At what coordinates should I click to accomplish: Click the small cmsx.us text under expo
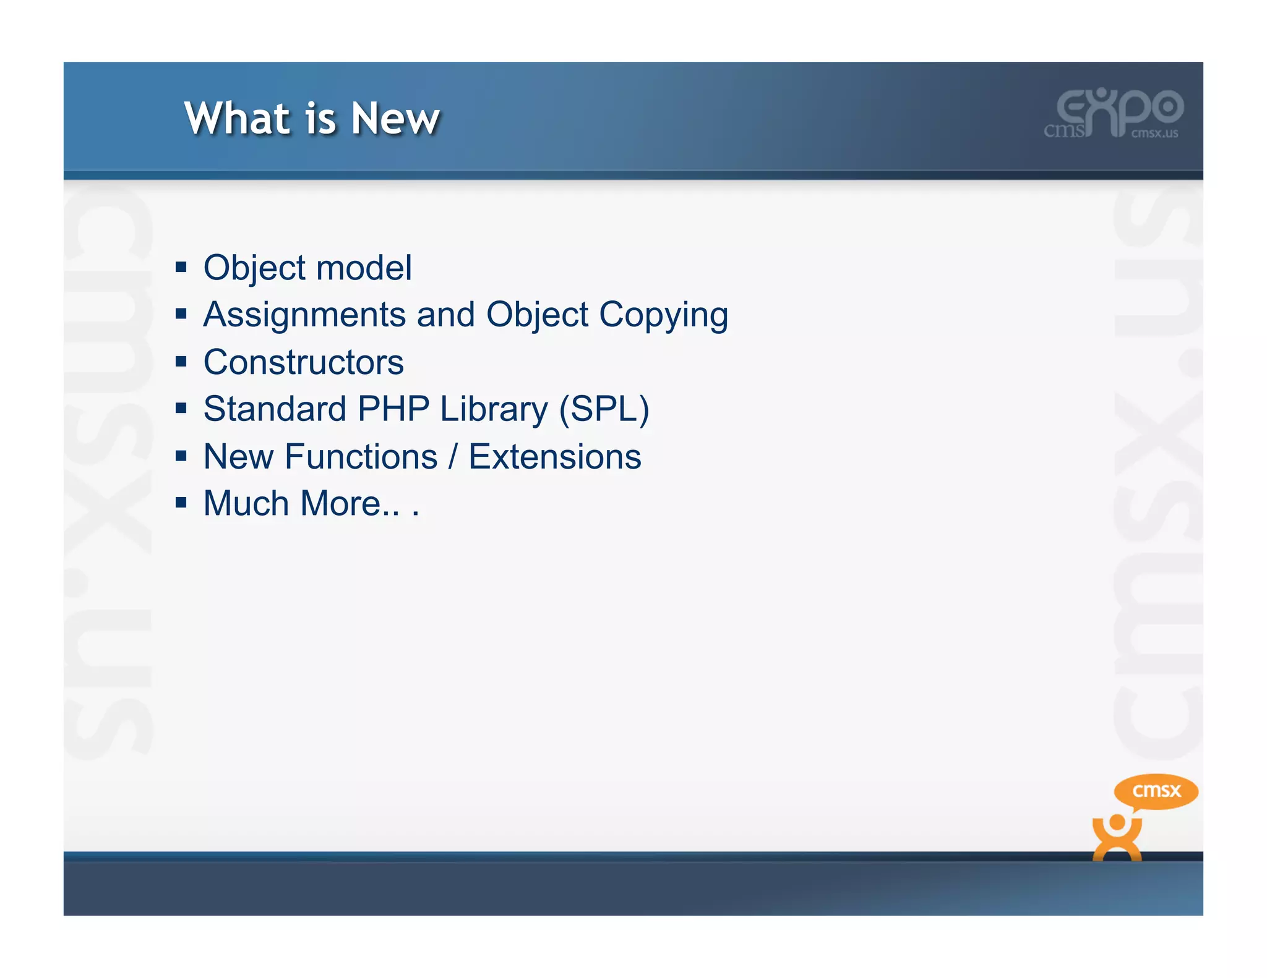tap(1154, 133)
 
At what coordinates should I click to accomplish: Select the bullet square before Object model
tap(181, 267)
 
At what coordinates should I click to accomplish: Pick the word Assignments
tap(304, 315)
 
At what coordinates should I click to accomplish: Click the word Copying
tap(663, 315)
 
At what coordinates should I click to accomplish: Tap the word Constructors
tap(303, 362)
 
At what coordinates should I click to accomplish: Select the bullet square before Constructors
tap(181, 362)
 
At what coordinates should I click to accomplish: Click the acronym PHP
tap(393, 409)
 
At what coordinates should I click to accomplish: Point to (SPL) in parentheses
tap(604, 409)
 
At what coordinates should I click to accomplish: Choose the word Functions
tap(361, 457)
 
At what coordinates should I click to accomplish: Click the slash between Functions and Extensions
tap(453, 457)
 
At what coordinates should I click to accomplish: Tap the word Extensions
tap(554, 457)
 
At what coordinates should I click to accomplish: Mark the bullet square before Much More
tap(181, 503)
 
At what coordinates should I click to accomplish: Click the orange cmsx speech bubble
tap(1156, 791)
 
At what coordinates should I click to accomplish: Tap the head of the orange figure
tap(1117, 823)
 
